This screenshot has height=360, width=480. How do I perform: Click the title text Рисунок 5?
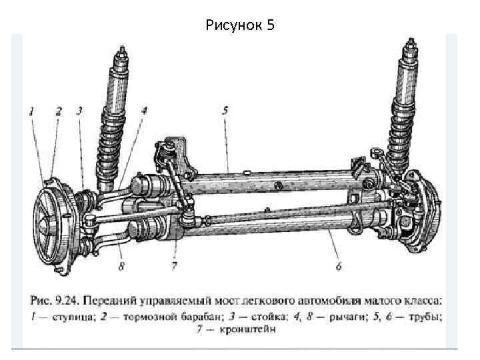[240, 25]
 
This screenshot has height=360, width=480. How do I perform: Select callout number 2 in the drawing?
[58, 111]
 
